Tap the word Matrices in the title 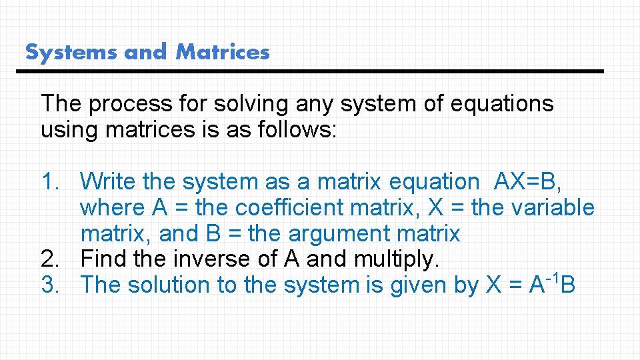coord(223,52)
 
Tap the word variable coord(553,207)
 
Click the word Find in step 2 coord(103,259)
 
